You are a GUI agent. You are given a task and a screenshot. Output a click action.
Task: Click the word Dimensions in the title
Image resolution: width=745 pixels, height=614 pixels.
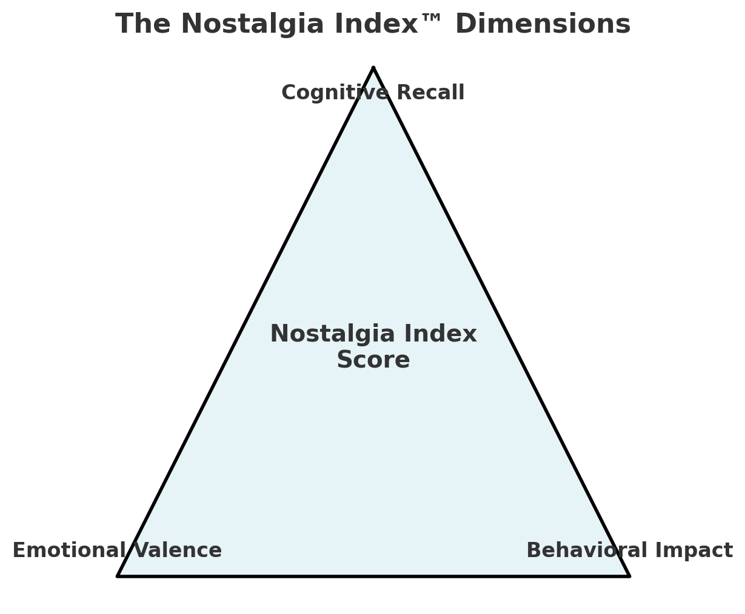pos(543,25)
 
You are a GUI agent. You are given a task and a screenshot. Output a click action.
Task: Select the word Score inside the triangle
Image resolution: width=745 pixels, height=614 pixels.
pos(373,360)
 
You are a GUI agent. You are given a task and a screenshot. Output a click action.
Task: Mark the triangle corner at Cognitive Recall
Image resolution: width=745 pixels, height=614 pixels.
pos(373,68)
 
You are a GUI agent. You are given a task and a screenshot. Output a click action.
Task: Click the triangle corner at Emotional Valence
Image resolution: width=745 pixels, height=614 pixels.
pos(118,576)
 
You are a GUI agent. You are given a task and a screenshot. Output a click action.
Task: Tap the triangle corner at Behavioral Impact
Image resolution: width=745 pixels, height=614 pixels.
pos(629,576)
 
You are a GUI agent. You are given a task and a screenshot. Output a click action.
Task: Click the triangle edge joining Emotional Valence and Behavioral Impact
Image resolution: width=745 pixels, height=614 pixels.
pos(373,576)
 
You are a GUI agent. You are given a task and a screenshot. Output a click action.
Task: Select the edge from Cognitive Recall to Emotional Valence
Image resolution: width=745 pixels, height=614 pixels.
pos(246,322)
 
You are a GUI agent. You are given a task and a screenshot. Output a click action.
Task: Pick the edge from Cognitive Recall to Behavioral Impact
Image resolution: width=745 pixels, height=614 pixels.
pos(501,322)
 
